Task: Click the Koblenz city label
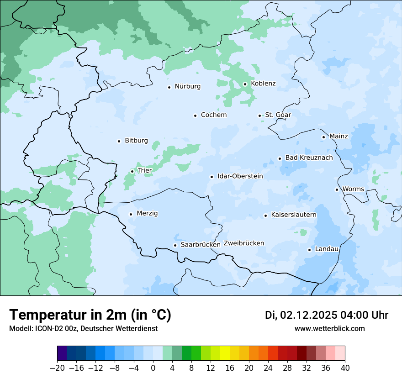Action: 263,84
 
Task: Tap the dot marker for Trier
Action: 132,171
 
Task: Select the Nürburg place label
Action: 187,86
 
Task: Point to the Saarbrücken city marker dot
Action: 175,245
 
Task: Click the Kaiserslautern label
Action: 294,215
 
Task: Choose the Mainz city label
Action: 339,136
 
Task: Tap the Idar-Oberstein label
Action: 240,176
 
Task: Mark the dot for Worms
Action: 337,189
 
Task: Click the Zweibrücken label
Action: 243,243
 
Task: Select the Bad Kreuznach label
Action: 309,158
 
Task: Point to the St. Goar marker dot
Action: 259,116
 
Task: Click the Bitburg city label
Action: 136,141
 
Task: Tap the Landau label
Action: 327,249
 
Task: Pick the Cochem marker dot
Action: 195,116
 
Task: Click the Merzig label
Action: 147,213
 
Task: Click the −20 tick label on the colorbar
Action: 57,368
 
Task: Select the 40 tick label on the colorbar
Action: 344,368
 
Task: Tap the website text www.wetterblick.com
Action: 329,328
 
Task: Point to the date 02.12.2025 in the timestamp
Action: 308,315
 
